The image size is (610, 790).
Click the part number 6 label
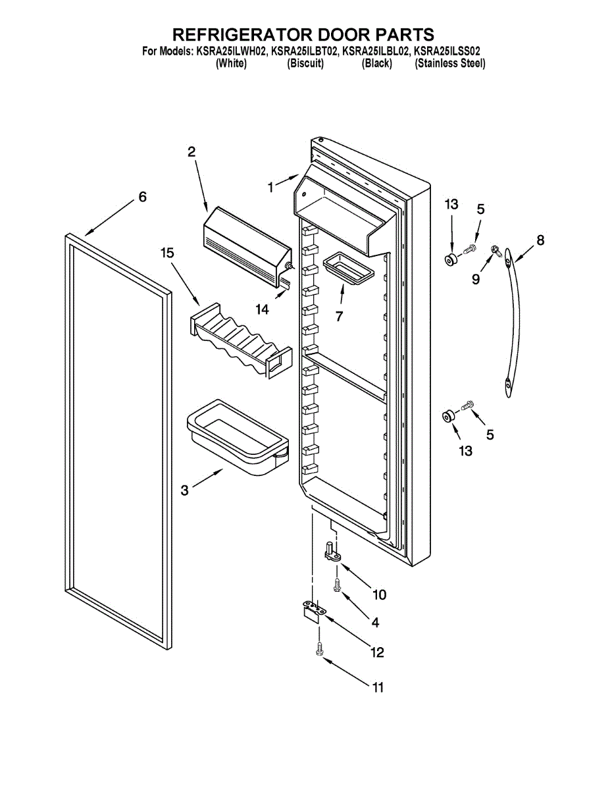coord(142,197)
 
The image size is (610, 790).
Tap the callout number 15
coord(168,253)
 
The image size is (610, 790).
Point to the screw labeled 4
coord(336,585)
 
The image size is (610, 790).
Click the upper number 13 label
coord(451,205)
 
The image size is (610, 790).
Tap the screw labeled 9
coord(496,250)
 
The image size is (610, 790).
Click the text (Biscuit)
coord(305,64)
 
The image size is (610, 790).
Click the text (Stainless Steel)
coord(450,64)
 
